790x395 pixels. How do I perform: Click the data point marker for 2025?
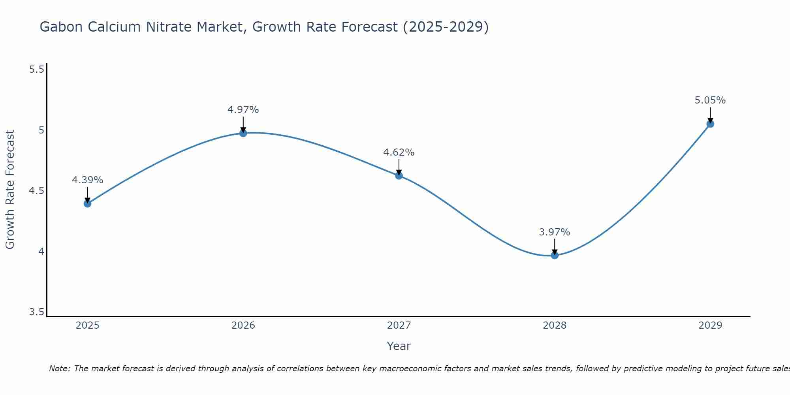[x=87, y=203]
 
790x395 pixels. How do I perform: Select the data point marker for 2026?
[x=243, y=133]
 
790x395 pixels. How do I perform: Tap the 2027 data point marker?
[x=399, y=175]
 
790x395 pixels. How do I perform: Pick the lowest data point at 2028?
[x=555, y=255]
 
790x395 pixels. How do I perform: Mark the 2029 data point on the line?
[x=710, y=124]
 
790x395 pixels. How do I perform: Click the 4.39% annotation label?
[x=87, y=180]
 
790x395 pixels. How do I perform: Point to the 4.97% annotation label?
[x=243, y=110]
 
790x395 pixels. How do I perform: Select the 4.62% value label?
[x=399, y=152]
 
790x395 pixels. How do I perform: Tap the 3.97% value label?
[x=555, y=232]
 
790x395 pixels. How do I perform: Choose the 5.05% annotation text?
[x=710, y=100]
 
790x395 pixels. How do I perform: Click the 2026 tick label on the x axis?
[x=243, y=325]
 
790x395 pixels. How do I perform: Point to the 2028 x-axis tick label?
[x=555, y=325]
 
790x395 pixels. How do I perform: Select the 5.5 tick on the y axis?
[x=36, y=70]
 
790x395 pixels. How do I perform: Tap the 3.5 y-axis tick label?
[x=36, y=312]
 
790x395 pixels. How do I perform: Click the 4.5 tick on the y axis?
[x=36, y=191]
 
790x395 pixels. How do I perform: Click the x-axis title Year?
[x=399, y=346]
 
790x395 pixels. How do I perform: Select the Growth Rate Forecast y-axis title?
[x=10, y=190]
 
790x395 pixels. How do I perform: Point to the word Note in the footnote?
[x=59, y=369]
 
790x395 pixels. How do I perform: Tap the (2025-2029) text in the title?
[x=446, y=27]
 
